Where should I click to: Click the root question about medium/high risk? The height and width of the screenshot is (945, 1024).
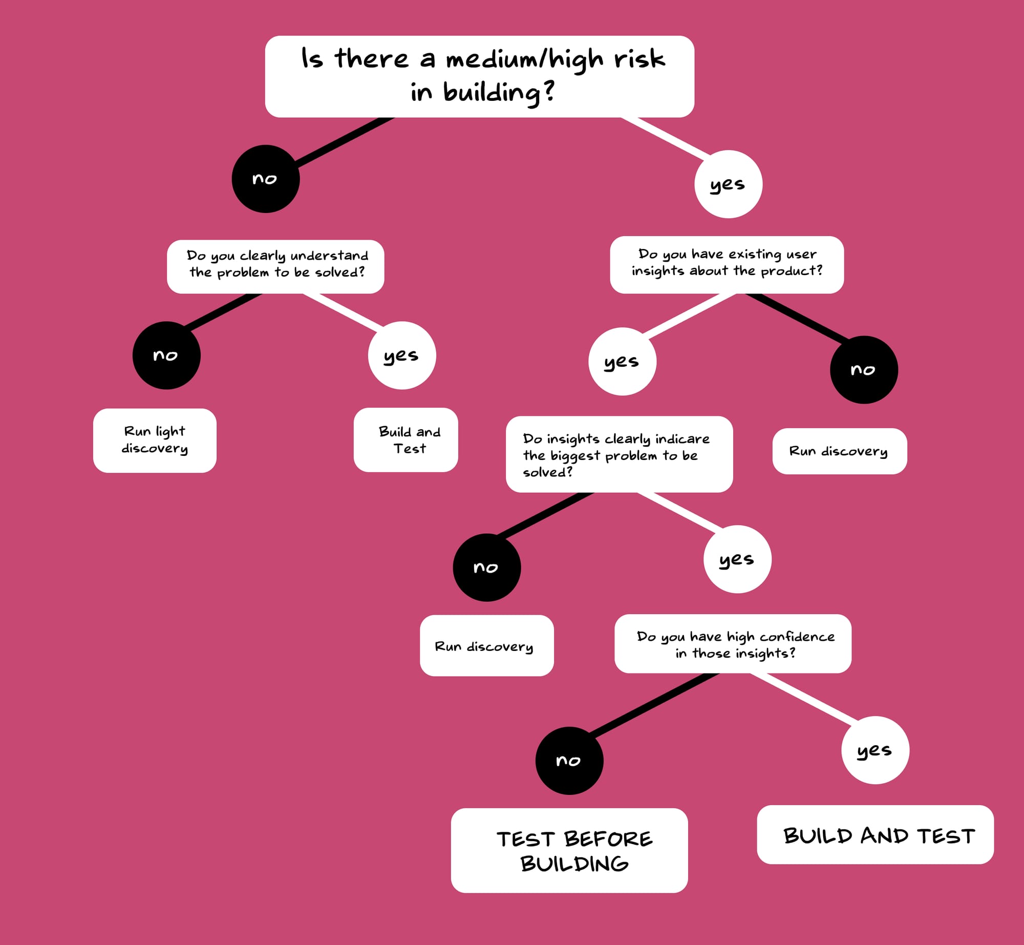pyautogui.click(x=479, y=76)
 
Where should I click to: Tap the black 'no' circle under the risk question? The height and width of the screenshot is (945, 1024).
pyautogui.click(x=266, y=179)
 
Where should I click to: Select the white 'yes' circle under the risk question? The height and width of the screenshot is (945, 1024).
pyautogui.click(x=728, y=184)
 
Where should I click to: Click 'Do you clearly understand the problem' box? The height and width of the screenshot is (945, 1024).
pyautogui.click(x=275, y=266)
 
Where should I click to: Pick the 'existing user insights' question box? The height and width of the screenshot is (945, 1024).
pyautogui.click(x=727, y=264)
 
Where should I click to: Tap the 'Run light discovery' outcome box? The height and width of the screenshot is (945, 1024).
pyautogui.click(x=155, y=440)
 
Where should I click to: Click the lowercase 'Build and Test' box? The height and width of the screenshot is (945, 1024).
pyautogui.click(x=406, y=439)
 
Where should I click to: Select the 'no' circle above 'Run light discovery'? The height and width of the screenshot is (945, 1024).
pyautogui.click(x=166, y=355)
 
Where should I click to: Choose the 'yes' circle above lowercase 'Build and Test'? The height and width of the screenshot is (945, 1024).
pyautogui.click(x=402, y=355)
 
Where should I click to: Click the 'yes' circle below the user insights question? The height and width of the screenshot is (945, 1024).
pyautogui.click(x=622, y=362)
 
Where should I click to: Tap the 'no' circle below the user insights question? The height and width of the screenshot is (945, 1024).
pyautogui.click(x=864, y=370)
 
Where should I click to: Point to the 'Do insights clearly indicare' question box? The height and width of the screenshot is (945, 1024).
pyautogui.click(x=619, y=454)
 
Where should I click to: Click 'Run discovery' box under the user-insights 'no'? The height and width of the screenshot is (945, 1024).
pyautogui.click(x=839, y=451)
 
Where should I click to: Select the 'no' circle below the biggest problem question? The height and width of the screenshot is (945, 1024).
pyautogui.click(x=487, y=568)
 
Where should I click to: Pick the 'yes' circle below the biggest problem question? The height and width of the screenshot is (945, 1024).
pyautogui.click(x=737, y=559)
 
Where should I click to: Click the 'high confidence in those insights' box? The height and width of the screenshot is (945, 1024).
pyautogui.click(x=733, y=644)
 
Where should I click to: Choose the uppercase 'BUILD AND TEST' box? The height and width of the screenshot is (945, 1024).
pyautogui.click(x=875, y=835)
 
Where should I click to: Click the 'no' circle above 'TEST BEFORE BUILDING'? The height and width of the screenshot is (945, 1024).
pyautogui.click(x=569, y=761)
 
